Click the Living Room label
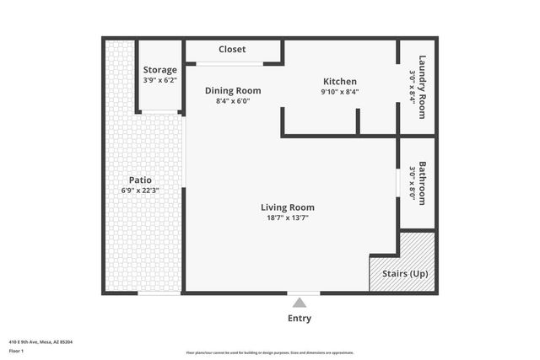287,207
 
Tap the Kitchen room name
340,82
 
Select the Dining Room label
233,90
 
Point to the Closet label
232,50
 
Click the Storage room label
160,70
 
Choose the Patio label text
140,180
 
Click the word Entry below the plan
300,319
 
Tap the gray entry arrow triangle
300,303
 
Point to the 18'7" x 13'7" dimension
287,218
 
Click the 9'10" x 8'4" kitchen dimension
340,92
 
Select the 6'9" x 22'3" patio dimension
140,191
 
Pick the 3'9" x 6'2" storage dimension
160,80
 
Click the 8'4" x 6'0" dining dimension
233,100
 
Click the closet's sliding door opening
229,64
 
